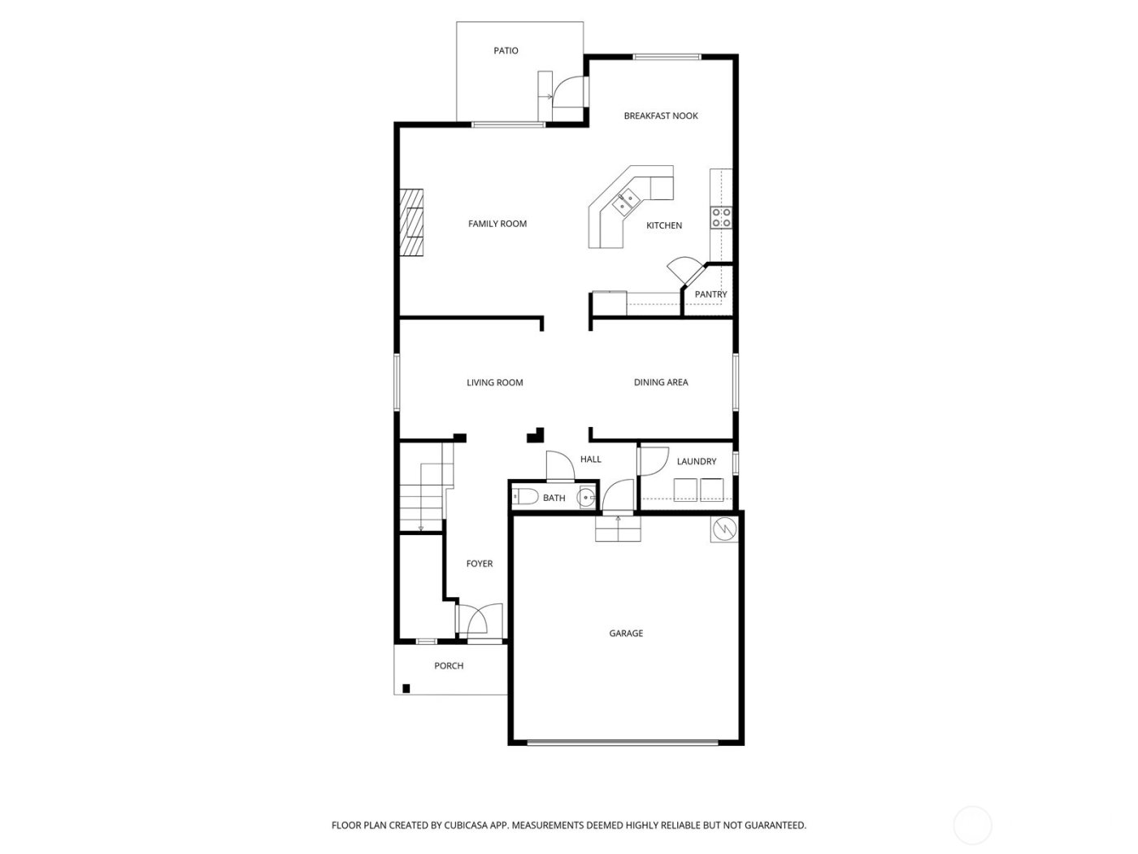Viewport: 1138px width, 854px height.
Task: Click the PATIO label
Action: pos(506,50)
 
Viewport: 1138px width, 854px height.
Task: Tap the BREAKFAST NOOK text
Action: pos(660,115)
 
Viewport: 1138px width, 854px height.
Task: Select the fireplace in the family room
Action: pos(411,224)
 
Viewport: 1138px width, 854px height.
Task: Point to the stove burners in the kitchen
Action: pos(721,217)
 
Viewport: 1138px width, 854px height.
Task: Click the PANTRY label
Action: pos(710,294)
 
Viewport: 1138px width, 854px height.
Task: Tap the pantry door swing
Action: pos(680,269)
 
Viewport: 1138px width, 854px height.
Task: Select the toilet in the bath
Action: pos(525,497)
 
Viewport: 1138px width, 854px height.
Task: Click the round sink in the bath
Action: pos(586,497)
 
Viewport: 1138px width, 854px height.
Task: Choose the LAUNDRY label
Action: pos(697,461)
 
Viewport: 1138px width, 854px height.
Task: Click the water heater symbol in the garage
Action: pos(723,529)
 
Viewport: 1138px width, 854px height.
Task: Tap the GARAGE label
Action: pos(626,633)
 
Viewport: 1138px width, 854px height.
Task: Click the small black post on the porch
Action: pos(406,688)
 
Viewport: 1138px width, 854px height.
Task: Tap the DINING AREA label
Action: pos(660,382)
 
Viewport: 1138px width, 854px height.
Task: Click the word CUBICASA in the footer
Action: pos(466,825)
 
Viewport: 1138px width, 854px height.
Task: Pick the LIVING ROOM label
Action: pos(494,382)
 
